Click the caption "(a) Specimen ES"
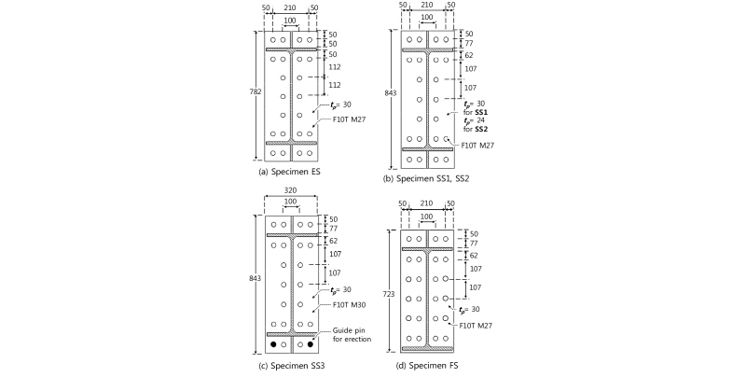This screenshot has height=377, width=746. [x=289, y=172]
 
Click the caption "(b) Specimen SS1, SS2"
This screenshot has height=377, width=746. [x=426, y=179]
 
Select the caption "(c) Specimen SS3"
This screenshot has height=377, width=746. [x=291, y=366]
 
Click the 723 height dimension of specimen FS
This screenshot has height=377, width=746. [x=389, y=295]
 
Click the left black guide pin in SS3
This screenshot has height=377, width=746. [x=273, y=344]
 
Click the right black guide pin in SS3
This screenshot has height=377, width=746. [x=311, y=344]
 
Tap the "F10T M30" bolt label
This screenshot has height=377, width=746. [x=349, y=305]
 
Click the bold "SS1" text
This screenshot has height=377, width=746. [x=481, y=112]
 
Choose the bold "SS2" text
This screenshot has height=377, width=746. [x=481, y=129]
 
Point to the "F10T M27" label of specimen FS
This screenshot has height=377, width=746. [x=476, y=326]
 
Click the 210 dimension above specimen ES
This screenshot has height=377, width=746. [x=290, y=8]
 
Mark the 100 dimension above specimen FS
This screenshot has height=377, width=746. [x=427, y=216]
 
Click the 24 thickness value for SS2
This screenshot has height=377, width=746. [x=480, y=120]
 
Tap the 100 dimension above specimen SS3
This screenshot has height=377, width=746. [x=290, y=202]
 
